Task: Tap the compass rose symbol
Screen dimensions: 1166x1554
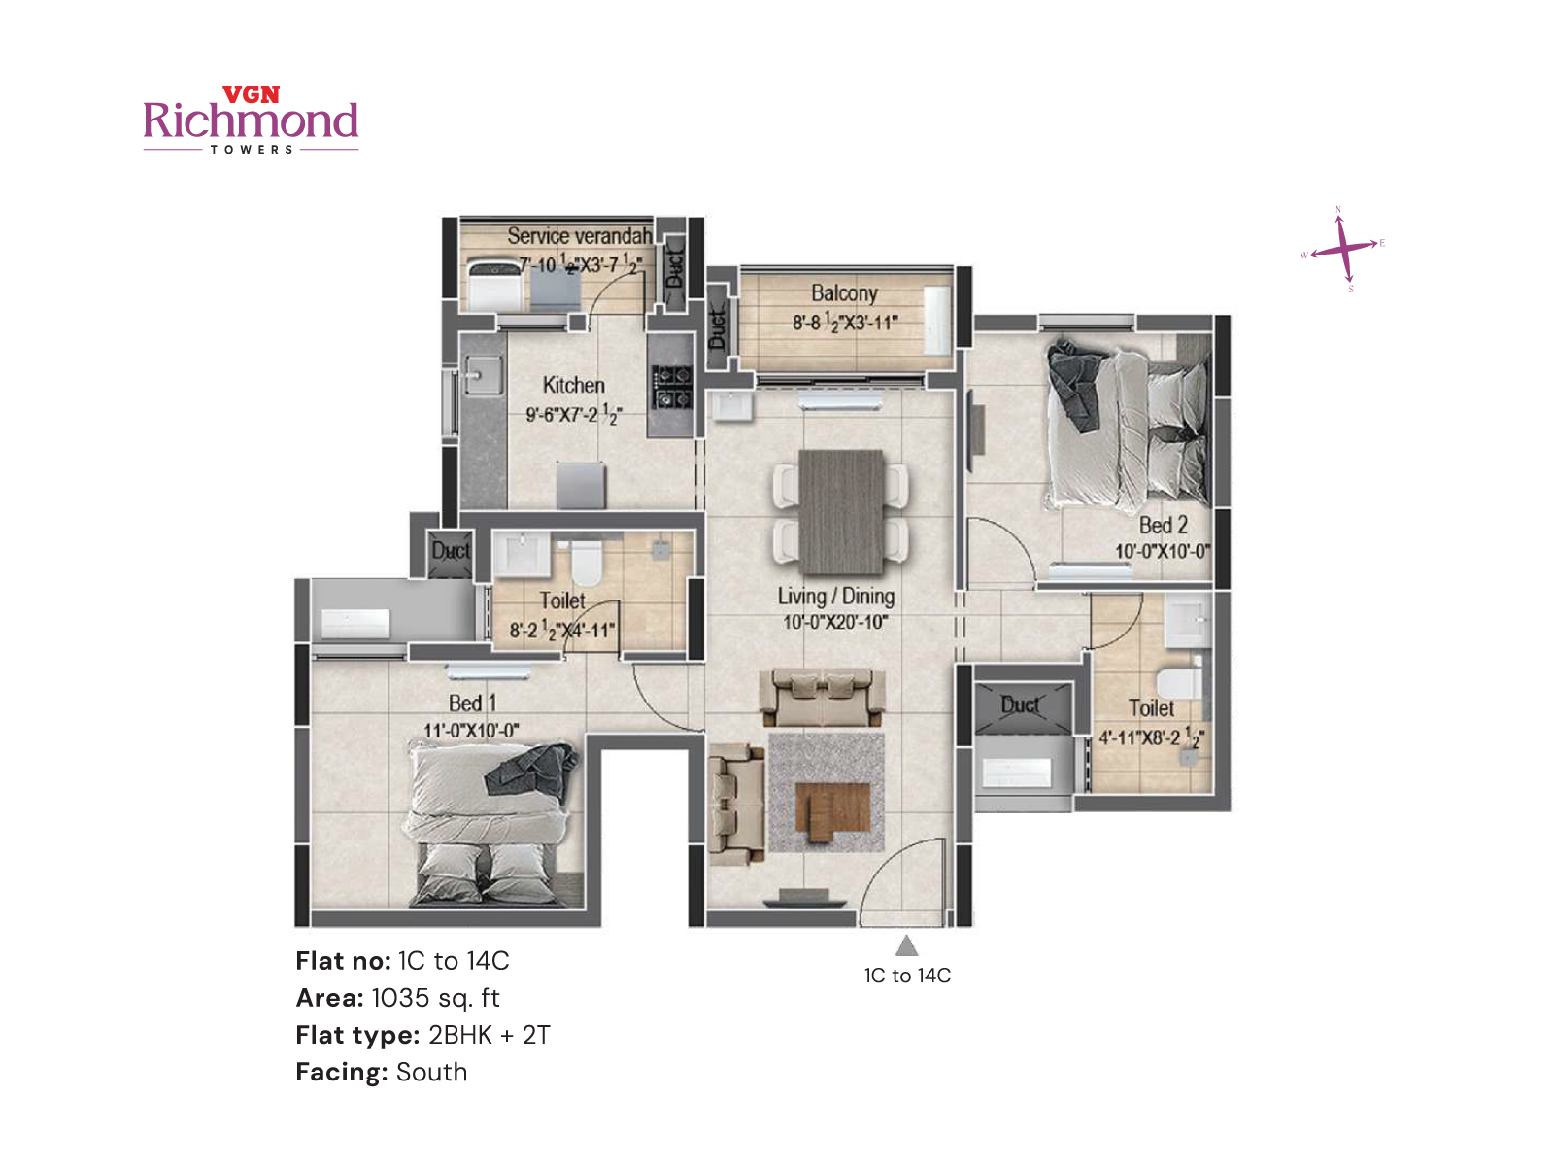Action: pos(1343,249)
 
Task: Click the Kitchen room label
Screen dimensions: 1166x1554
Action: pos(573,385)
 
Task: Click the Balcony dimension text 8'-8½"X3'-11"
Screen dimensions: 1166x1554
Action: pos(845,322)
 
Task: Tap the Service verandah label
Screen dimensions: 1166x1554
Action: pos(579,236)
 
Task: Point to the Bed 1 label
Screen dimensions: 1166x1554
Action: pos(472,703)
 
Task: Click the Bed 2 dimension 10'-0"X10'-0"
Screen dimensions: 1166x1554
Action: pos(1162,551)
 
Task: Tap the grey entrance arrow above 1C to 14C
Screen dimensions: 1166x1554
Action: pos(906,945)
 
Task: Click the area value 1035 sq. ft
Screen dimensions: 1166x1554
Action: pos(435,998)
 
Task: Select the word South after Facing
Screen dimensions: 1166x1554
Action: pos(431,1072)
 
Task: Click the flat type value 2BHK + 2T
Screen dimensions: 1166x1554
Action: pos(489,1035)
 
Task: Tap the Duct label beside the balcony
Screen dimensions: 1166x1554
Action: pos(718,328)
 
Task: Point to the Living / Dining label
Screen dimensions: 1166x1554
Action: pos(835,597)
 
